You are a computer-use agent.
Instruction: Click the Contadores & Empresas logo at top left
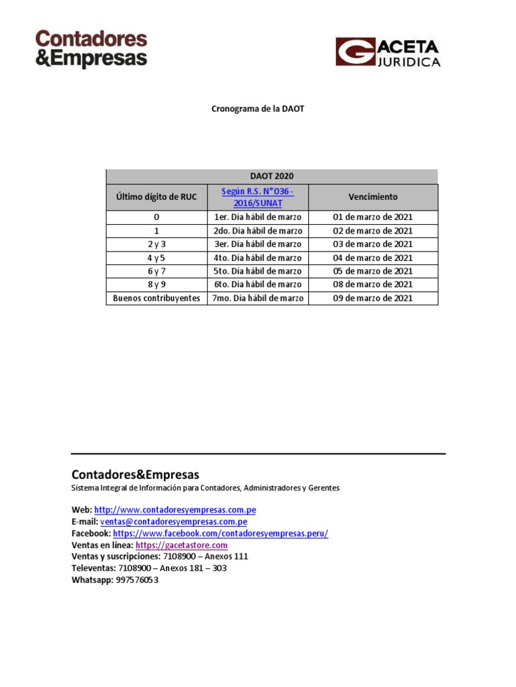(x=91, y=48)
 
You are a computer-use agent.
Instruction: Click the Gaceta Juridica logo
(x=388, y=52)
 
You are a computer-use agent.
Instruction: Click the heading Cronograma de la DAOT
(x=258, y=108)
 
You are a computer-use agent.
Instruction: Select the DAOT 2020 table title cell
(x=271, y=176)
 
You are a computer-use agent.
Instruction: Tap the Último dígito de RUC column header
(x=156, y=197)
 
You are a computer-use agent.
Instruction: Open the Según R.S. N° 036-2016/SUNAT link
(x=257, y=197)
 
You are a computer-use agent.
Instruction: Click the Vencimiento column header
(x=373, y=197)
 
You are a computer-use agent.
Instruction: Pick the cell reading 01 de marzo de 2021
(x=373, y=217)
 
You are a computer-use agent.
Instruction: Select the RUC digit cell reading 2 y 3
(x=156, y=244)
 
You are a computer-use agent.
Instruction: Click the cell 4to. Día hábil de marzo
(x=257, y=258)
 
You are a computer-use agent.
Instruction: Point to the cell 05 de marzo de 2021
(x=373, y=271)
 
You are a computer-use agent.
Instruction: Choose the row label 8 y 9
(x=156, y=284)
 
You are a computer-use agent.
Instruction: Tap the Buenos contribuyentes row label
(x=156, y=298)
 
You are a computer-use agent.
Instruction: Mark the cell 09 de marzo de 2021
(x=373, y=298)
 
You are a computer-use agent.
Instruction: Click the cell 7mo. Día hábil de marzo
(x=257, y=298)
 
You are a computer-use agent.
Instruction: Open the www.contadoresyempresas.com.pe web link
(x=175, y=510)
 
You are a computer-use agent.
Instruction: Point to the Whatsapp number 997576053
(x=137, y=580)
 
